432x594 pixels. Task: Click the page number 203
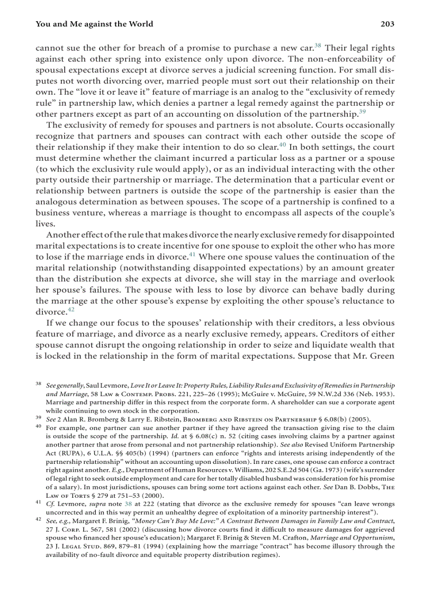pyautogui.click(x=388, y=24)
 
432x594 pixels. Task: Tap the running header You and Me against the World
pyautogui.click(x=94, y=24)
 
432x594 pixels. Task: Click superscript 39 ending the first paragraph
pyautogui.click(x=362, y=112)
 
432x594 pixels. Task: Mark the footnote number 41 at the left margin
pyautogui.click(x=39, y=504)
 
